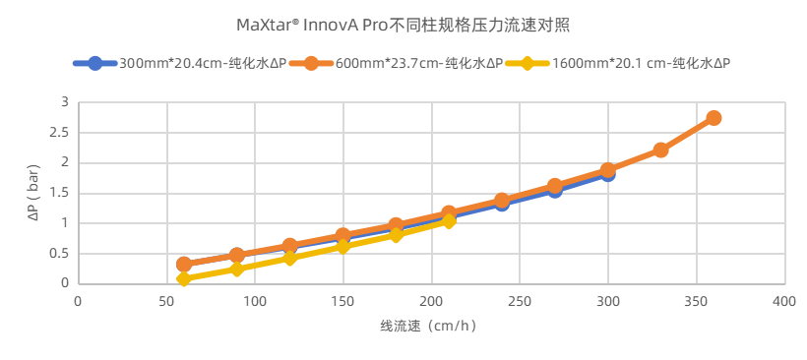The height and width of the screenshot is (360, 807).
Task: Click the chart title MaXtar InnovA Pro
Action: click(x=403, y=25)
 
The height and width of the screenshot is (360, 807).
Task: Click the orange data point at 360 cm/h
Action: click(x=714, y=118)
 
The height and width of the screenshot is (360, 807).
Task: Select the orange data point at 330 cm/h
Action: click(x=660, y=150)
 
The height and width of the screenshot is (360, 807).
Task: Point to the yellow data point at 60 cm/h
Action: click(x=184, y=278)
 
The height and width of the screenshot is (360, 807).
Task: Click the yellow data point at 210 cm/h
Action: click(x=449, y=221)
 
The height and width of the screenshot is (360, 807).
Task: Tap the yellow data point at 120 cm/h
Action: click(x=289, y=258)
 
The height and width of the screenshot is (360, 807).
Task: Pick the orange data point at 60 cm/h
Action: click(x=184, y=264)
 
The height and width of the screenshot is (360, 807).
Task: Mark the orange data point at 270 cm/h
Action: click(x=554, y=186)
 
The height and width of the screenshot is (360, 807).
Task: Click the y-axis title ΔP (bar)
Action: click(x=33, y=193)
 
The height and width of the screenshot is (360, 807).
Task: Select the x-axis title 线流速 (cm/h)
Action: click(x=428, y=326)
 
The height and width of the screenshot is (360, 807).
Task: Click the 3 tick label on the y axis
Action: click(x=65, y=102)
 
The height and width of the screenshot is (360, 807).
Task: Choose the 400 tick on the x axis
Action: click(x=783, y=301)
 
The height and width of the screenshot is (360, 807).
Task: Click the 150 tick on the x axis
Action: click(x=342, y=301)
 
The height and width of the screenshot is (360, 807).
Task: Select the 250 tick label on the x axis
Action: click(x=519, y=301)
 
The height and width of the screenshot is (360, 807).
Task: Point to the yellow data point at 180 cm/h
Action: click(x=396, y=235)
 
